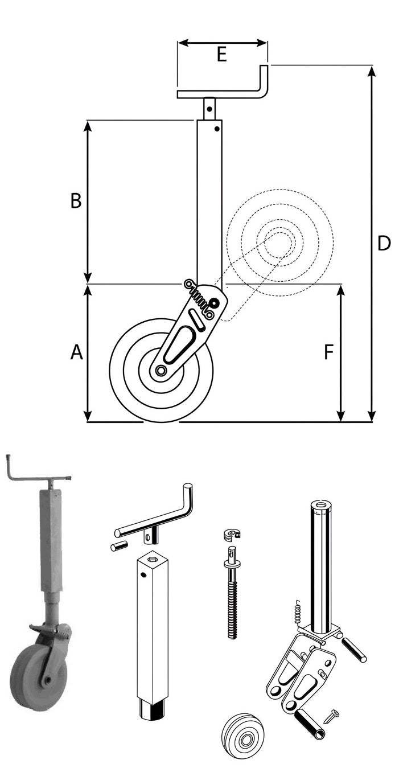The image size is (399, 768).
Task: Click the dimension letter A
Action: coord(76,352)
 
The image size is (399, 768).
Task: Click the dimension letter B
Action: coord(76,201)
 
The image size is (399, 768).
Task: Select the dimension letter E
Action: coord(222,54)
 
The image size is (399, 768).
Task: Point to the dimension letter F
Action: coord(329,352)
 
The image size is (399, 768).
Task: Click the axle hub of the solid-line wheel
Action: coord(160,370)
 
